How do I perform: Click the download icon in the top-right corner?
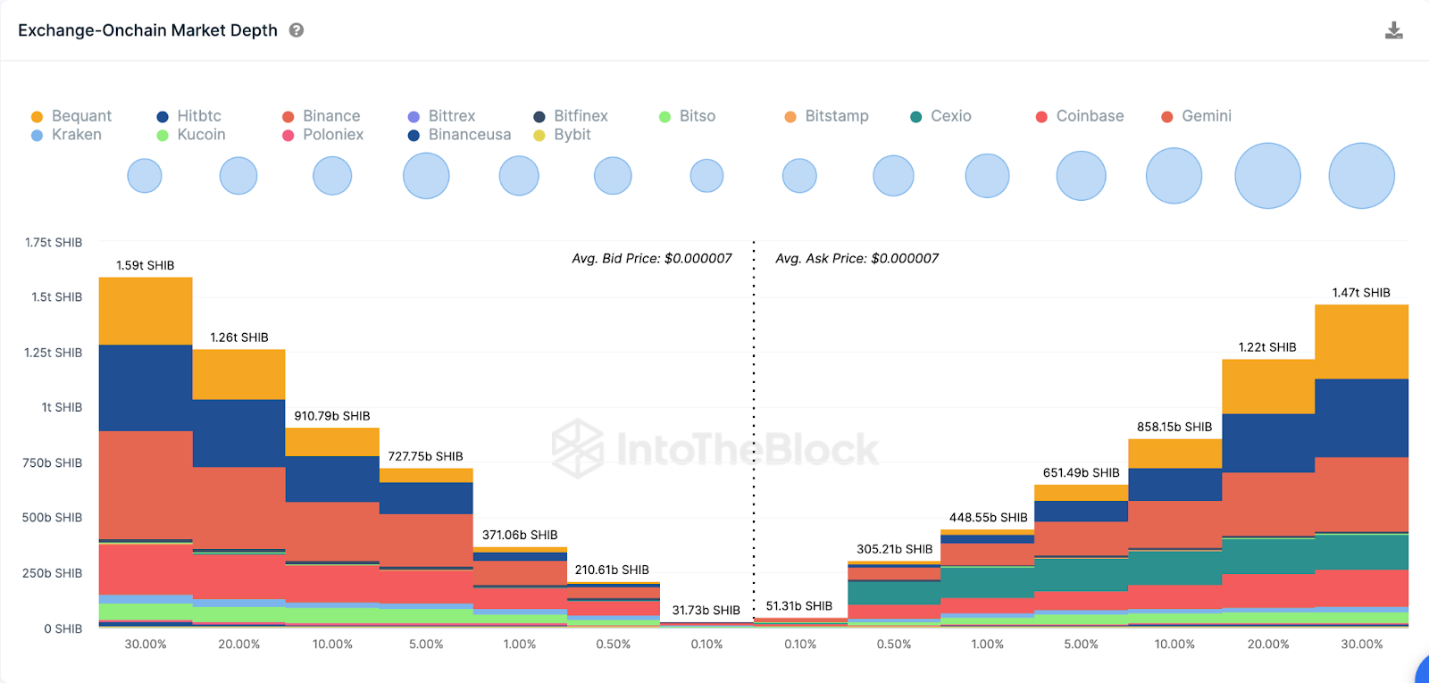click(1393, 31)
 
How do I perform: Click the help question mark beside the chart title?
click(297, 30)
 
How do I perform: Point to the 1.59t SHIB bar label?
click(146, 265)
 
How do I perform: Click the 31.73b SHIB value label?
click(706, 611)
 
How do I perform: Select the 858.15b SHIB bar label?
click(1174, 427)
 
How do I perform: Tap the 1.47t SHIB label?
click(1361, 293)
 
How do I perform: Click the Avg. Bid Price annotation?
click(652, 258)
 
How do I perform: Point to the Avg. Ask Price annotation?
click(857, 258)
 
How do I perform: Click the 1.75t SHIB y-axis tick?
click(54, 243)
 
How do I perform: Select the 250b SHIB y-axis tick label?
click(52, 573)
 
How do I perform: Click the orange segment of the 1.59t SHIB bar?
click(146, 311)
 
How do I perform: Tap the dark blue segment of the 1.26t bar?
click(239, 433)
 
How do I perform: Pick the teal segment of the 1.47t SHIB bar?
click(1361, 552)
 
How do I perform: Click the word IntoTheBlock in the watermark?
click(747, 449)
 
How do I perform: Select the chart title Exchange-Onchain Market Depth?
click(147, 30)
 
